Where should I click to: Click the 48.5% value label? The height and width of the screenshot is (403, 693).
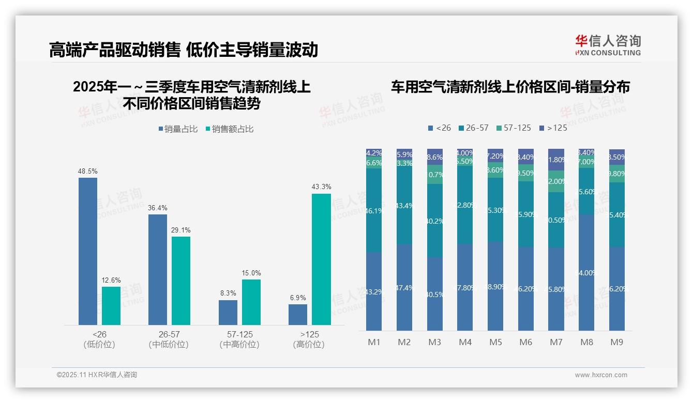point(88,171)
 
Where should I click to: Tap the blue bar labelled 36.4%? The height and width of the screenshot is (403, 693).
point(158,269)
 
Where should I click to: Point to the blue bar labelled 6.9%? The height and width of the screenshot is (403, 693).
point(298,315)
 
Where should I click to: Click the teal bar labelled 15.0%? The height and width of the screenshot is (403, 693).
point(251,302)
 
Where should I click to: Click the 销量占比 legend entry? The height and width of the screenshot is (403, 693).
point(177,129)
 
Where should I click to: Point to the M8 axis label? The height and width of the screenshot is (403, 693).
point(586,342)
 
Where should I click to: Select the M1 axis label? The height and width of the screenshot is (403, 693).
point(374,342)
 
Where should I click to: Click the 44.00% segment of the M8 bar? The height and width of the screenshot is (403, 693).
point(586,272)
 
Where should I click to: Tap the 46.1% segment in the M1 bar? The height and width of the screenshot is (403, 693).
point(374,210)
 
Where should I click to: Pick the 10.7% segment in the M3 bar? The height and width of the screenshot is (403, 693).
point(435,175)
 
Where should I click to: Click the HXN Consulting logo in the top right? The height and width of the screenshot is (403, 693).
point(608,45)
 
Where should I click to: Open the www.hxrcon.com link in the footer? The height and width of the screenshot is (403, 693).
point(601,375)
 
